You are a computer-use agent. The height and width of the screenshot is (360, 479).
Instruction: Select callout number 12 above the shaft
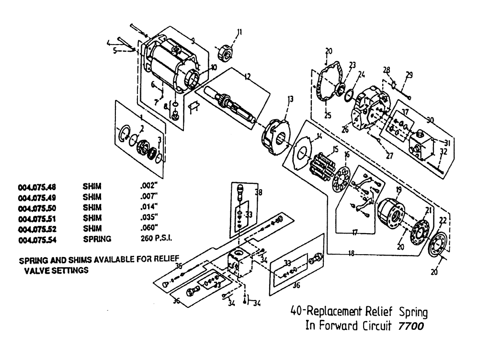pos(248,77)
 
